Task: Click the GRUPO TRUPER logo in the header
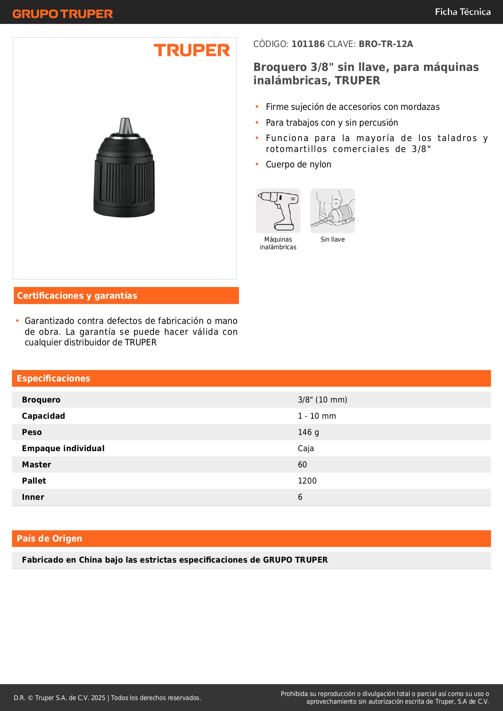click(62, 14)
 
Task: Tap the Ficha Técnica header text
click(462, 12)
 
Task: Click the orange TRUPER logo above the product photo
click(192, 50)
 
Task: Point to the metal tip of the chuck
click(125, 125)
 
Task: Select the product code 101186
click(308, 44)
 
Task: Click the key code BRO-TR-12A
click(385, 44)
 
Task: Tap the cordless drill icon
click(278, 210)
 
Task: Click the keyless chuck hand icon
click(332, 210)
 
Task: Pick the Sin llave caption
click(332, 240)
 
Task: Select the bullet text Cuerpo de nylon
click(298, 165)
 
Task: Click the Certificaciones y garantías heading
click(77, 296)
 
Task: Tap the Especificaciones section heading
click(54, 379)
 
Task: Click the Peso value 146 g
click(308, 432)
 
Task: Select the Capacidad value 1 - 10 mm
click(317, 416)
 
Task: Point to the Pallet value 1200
click(307, 481)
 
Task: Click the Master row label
click(36, 465)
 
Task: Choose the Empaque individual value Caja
click(306, 448)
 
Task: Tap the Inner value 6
click(300, 497)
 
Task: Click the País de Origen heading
click(49, 539)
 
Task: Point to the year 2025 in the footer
click(98, 698)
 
